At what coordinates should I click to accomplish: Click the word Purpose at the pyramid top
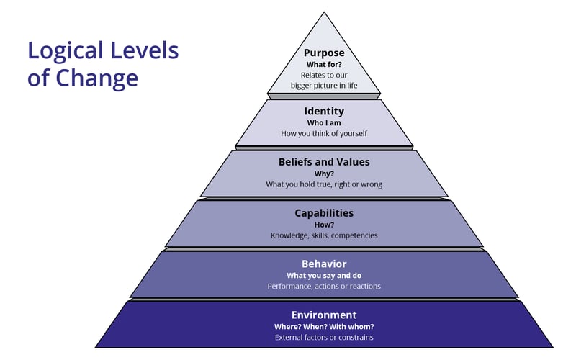pyautogui.click(x=324, y=53)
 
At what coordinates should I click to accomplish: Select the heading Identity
pyautogui.click(x=324, y=112)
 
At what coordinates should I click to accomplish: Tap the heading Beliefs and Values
pyautogui.click(x=324, y=162)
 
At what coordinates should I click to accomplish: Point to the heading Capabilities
pyautogui.click(x=324, y=213)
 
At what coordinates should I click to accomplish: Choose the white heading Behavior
pyautogui.click(x=324, y=264)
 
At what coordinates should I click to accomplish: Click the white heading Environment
pyautogui.click(x=324, y=315)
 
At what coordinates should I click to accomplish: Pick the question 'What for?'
pyautogui.click(x=324, y=65)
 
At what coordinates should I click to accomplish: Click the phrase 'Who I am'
pyautogui.click(x=324, y=123)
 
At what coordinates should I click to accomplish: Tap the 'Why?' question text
pyautogui.click(x=324, y=174)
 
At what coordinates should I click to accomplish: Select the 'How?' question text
pyautogui.click(x=324, y=225)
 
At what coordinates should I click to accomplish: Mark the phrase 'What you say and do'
pyautogui.click(x=324, y=276)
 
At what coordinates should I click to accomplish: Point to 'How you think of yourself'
pyautogui.click(x=324, y=133)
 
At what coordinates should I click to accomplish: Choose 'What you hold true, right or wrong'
pyautogui.click(x=324, y=184)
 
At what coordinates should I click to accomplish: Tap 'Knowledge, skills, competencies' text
pyautogui.click(x=324, y=235)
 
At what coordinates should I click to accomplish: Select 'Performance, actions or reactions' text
pyautogui.click(x=324, y=287)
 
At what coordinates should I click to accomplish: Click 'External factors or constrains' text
pyautogui.click(x=324, y=338)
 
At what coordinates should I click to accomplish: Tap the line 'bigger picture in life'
pyautogui.click(x=324, y=86)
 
